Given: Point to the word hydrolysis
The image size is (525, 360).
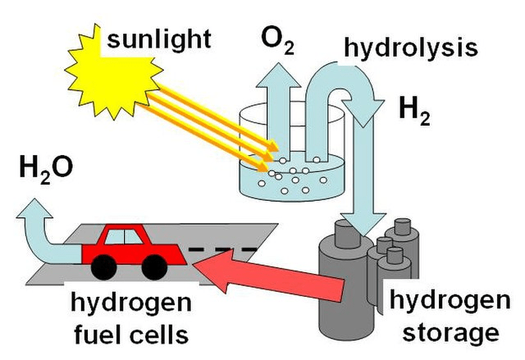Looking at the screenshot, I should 410,48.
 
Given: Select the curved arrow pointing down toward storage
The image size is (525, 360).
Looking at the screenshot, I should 361,164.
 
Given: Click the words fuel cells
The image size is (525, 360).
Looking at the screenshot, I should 136,334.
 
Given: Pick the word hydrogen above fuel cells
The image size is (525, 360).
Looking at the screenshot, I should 136,304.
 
